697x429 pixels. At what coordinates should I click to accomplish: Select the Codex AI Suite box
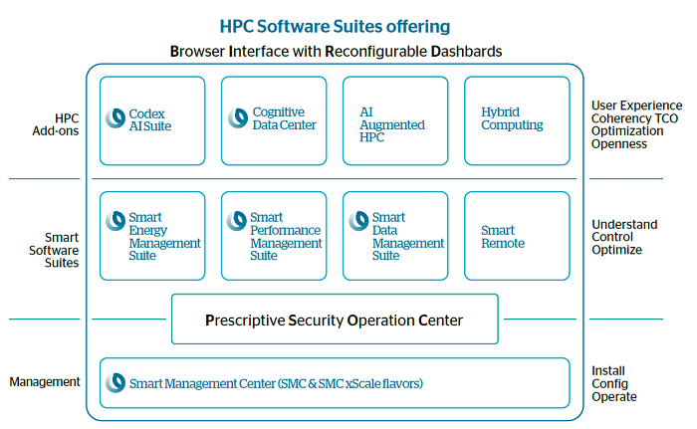pyautogui.click(x=151, y=120)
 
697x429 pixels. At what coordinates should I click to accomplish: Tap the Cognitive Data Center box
pyautogui.click(x=273, y=120)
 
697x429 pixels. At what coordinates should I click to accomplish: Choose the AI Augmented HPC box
pyautogui.click(x=394, y=120)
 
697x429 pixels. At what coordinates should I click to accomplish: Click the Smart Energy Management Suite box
pyautogui.click(x=151, y=236)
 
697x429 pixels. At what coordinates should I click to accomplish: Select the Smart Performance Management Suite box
pyautogui.click(x=273, y=236)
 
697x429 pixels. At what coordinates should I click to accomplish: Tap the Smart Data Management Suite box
pyautogui.click(x=394, y=236)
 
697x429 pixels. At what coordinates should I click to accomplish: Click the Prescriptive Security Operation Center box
pyautogui.click(x=335, y=321)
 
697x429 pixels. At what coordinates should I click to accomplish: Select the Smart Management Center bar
pyautogui.click(x=335, y=382)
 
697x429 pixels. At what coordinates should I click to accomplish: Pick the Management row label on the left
pyautogui.click(x=45, y=381)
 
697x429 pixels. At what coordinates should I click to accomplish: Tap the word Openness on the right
pyautogui.click(x=618, y=144)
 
